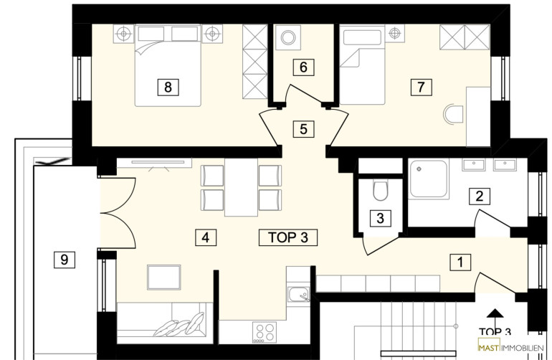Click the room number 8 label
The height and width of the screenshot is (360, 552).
[x=168, y=87]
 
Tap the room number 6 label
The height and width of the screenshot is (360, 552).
[x=303, y=67]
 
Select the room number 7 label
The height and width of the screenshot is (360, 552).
[x=421, y=87]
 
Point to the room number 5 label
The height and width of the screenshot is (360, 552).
[x=303, y=129]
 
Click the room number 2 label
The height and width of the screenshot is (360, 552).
[x=480, y=196]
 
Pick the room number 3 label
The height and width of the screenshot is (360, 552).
[x=380, y=219]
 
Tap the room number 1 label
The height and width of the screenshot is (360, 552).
[x=460, y=262]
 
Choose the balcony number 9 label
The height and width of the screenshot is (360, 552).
[x=65, y=260]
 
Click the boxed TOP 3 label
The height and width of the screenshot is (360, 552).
[x=288, y=237]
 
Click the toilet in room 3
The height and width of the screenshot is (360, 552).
[x=380, y=190]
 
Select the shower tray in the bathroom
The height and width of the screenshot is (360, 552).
[x=429, y=179]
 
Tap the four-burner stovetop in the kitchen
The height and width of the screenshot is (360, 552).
[x=265, y=332]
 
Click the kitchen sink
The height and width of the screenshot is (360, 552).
[x=298, y=294]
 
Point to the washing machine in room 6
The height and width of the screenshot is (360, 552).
[x=288, y=37]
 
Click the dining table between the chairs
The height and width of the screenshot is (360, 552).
[x=241, y=187]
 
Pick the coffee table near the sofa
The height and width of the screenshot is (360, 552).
[x=164, y=278]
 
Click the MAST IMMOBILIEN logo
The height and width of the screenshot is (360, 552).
[x=511, y=348]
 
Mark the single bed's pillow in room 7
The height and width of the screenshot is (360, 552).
[x=363, y=37]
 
